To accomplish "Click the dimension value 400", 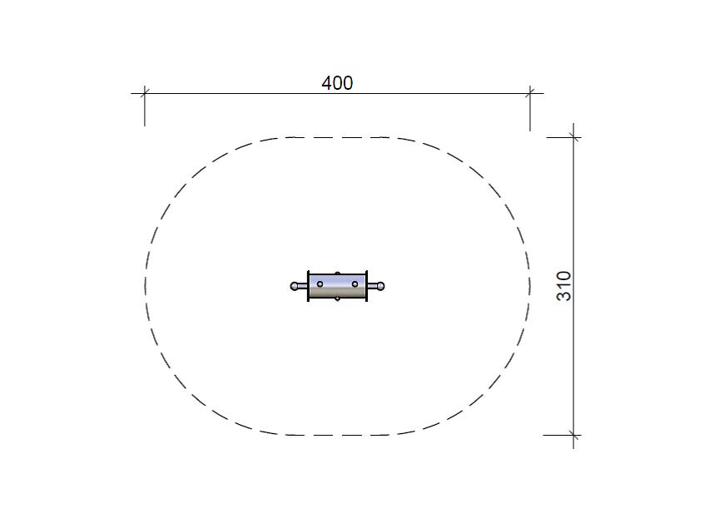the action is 337,83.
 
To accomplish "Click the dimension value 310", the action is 564,286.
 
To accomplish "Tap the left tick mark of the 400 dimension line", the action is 144,93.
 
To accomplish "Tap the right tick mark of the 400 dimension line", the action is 530,93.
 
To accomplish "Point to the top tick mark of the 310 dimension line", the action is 574,137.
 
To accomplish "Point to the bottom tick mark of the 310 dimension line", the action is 574,436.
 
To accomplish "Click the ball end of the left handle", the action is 295,286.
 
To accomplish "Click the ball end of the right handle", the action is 381,286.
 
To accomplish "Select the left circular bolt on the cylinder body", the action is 320,284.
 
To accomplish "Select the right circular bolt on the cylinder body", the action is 355,284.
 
